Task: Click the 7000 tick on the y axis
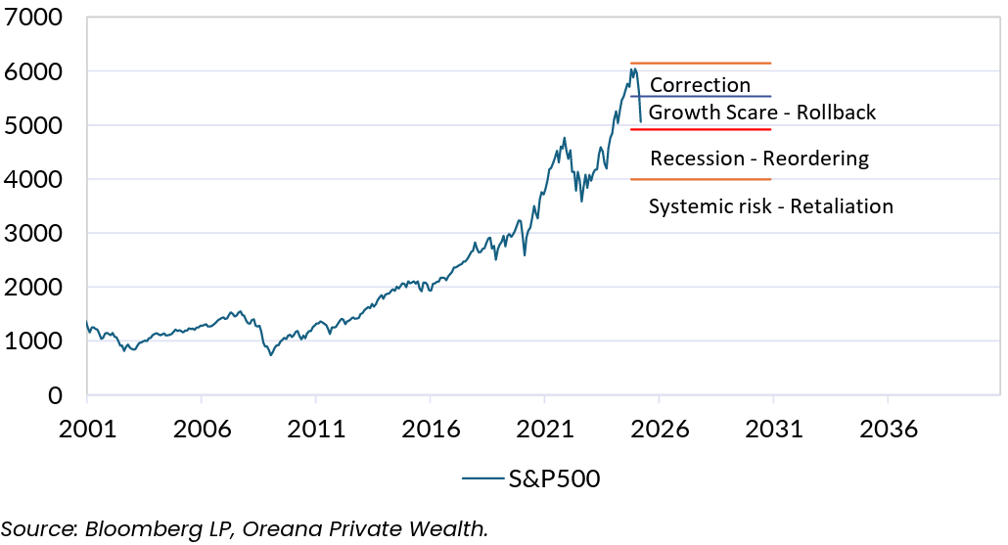pos(33,19)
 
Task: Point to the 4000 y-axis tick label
pos(33,180)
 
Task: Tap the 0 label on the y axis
pos(55,395)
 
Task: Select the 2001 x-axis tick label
pos(87,430)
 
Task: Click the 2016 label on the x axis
pos(430,430)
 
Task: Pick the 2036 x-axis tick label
pos(887,430)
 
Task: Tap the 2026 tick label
pos(659,430)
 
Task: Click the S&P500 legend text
pos(553,478)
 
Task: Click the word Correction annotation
pos(700,85)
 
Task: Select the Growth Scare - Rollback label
pos(762,113)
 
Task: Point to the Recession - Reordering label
pos(759,159)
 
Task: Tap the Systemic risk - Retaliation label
pos(771,206)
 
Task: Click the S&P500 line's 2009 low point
pos(271,354)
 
